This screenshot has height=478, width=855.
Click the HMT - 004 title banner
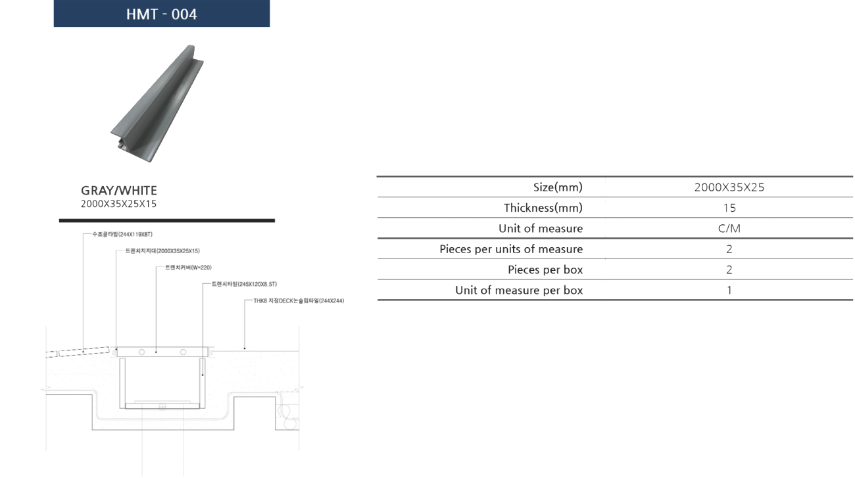(162, 14)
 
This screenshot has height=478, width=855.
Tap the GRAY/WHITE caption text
(119, 190)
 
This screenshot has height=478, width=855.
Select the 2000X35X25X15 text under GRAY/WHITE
(119, 204)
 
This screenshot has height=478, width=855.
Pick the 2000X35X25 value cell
(729, 187)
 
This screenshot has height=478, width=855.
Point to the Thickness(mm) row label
(543, 208)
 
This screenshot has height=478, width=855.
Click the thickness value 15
(729, 208)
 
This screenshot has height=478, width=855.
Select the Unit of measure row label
(541, 229)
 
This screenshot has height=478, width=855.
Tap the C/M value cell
(729, 229)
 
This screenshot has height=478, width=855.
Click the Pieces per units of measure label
(511, 249)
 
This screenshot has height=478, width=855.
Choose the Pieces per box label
(545, 270)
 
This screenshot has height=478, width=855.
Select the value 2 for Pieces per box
(729, 270)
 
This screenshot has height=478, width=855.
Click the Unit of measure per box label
(518, 290)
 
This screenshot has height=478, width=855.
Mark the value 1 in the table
(729, 290)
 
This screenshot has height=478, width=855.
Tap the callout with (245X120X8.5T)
(244, 284)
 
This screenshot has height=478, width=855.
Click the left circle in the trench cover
(142, 352)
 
